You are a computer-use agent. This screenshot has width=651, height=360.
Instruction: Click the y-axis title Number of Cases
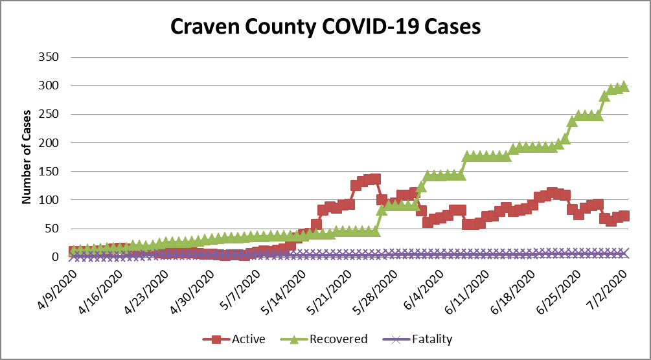point(27,157)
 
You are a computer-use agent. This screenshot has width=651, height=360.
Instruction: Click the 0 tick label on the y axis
point(55,257)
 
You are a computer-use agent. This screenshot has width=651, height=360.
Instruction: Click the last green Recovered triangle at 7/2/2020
point(624,86)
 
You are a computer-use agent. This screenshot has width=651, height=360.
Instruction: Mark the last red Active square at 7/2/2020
point(624,216)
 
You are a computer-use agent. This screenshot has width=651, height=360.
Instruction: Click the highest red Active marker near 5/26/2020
point(374,179)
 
